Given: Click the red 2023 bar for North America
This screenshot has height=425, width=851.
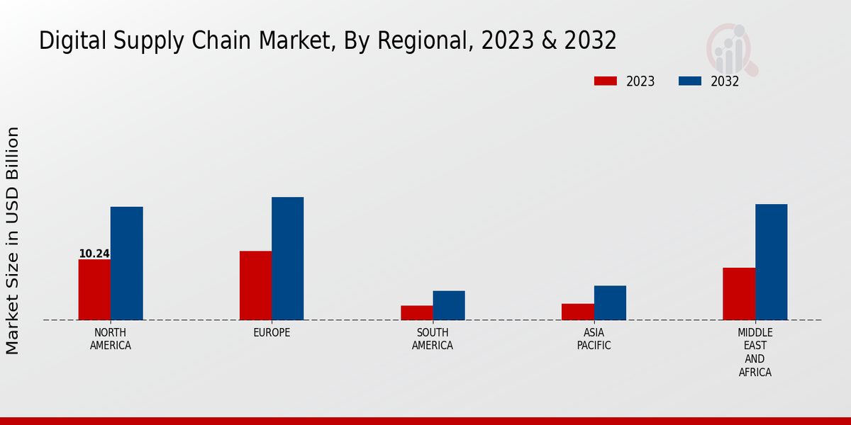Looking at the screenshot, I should (x=94, y=290).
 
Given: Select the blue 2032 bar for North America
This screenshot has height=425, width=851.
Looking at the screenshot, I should (x=126, y=263).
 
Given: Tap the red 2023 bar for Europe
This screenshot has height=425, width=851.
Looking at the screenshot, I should (x=255, y=285).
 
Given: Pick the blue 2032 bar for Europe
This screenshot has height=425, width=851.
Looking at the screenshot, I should (x=287, y=259).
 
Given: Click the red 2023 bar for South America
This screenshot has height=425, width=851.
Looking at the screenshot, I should (x=416, y=312).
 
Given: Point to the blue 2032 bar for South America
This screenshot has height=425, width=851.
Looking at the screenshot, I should (x=449, y=305).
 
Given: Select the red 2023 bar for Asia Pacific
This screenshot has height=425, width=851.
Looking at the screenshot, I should (x=577, y=312).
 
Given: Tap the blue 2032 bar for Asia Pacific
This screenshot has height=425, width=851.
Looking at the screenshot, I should (x=610, y=302).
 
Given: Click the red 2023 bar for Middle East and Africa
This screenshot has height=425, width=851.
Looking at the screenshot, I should (x=739, y=294).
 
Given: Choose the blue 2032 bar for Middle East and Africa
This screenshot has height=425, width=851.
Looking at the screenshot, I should (x=771, y=262).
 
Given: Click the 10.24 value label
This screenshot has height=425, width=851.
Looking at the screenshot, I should (x=94, y=254).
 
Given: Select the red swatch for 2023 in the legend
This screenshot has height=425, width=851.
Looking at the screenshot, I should (x=605, y=81).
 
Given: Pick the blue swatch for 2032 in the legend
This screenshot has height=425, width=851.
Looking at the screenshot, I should (x=689, y=81).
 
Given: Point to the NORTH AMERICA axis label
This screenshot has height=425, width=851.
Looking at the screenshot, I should (x=111, y=339).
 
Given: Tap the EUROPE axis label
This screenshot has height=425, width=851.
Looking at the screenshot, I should (x=272, y=333).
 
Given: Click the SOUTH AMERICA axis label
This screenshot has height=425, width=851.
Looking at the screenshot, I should (x=433, y=339).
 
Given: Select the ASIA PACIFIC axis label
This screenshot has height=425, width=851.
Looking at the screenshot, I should (x=594, y=339).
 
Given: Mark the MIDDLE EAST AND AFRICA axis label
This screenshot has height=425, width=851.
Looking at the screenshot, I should (x=755, y=352).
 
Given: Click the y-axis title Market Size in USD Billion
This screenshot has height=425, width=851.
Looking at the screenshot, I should (x=13, y=241).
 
